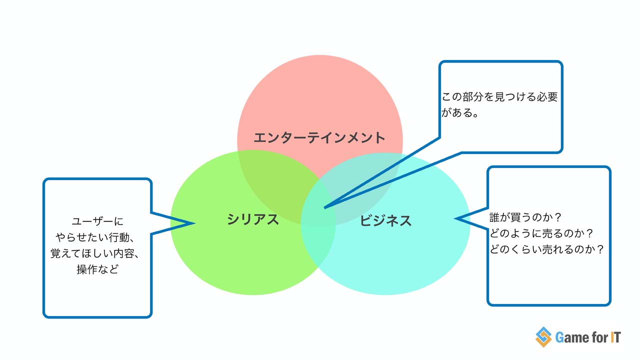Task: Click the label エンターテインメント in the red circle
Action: point(319,137)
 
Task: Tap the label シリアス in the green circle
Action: point(252,219)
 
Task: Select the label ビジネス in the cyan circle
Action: point(385,220)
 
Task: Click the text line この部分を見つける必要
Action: point(499,97)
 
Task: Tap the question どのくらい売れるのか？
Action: point(547,249)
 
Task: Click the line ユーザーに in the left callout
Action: point(97,221)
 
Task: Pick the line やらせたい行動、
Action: point(97,237)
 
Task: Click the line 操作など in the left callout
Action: point(97,269)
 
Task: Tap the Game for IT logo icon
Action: point(543,337)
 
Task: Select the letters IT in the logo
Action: point(615,337)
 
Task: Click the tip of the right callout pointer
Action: point(455,218)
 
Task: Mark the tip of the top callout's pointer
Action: point(324,207)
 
